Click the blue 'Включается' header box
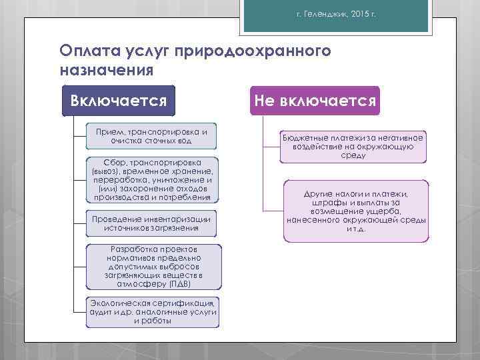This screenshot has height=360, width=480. [x=118, y=101]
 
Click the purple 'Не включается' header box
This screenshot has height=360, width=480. [x=315, y=101]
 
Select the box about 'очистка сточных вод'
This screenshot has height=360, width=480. [x=152, y=136]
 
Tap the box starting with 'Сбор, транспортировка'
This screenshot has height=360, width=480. [x=152, y=179]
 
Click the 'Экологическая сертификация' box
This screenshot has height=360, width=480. [x=153, y=311]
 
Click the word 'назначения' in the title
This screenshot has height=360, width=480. [x=107, y=69]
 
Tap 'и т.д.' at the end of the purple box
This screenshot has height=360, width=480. [x=356, y=229]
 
